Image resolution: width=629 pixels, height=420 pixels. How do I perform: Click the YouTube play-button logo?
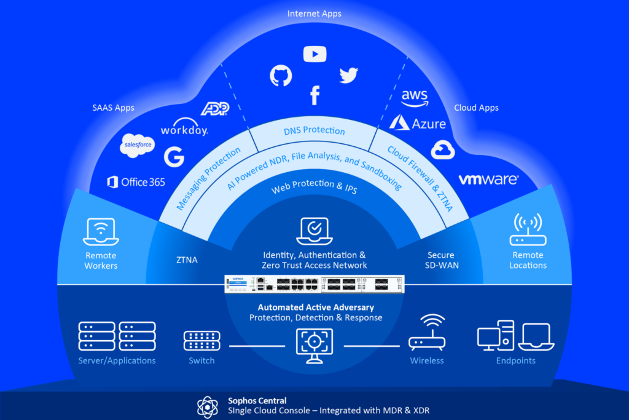[x=314, y=54]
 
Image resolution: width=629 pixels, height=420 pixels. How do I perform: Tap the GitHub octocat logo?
[x=281, y=75]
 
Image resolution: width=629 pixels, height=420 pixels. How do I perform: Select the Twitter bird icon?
[x=348, y=75]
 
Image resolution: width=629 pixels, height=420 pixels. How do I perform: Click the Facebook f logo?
[x=314, y=95]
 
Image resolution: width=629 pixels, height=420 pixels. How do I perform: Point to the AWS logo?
[x=415, y=98]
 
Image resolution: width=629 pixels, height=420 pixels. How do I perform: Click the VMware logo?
[x=488, y=180]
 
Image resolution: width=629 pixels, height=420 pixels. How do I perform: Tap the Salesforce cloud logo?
[x=137, y=145]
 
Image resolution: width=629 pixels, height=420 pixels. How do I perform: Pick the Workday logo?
[x=184, y=130]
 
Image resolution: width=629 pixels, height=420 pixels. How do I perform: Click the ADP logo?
[x=215, y=109]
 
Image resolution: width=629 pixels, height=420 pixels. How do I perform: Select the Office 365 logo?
[x=136, y=182]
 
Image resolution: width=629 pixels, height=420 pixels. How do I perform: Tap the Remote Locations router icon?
[x=528, y=230]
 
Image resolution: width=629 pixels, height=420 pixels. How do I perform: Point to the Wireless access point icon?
[x=427, y=333]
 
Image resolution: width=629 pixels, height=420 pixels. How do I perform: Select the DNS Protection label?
[x=314, y=130]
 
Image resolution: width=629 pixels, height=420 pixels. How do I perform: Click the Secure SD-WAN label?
[x=441, y=260]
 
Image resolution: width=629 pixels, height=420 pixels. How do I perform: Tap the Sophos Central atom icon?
[x=207, y=406]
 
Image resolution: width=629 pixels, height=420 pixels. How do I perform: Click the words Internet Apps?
[x=314, y=13]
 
